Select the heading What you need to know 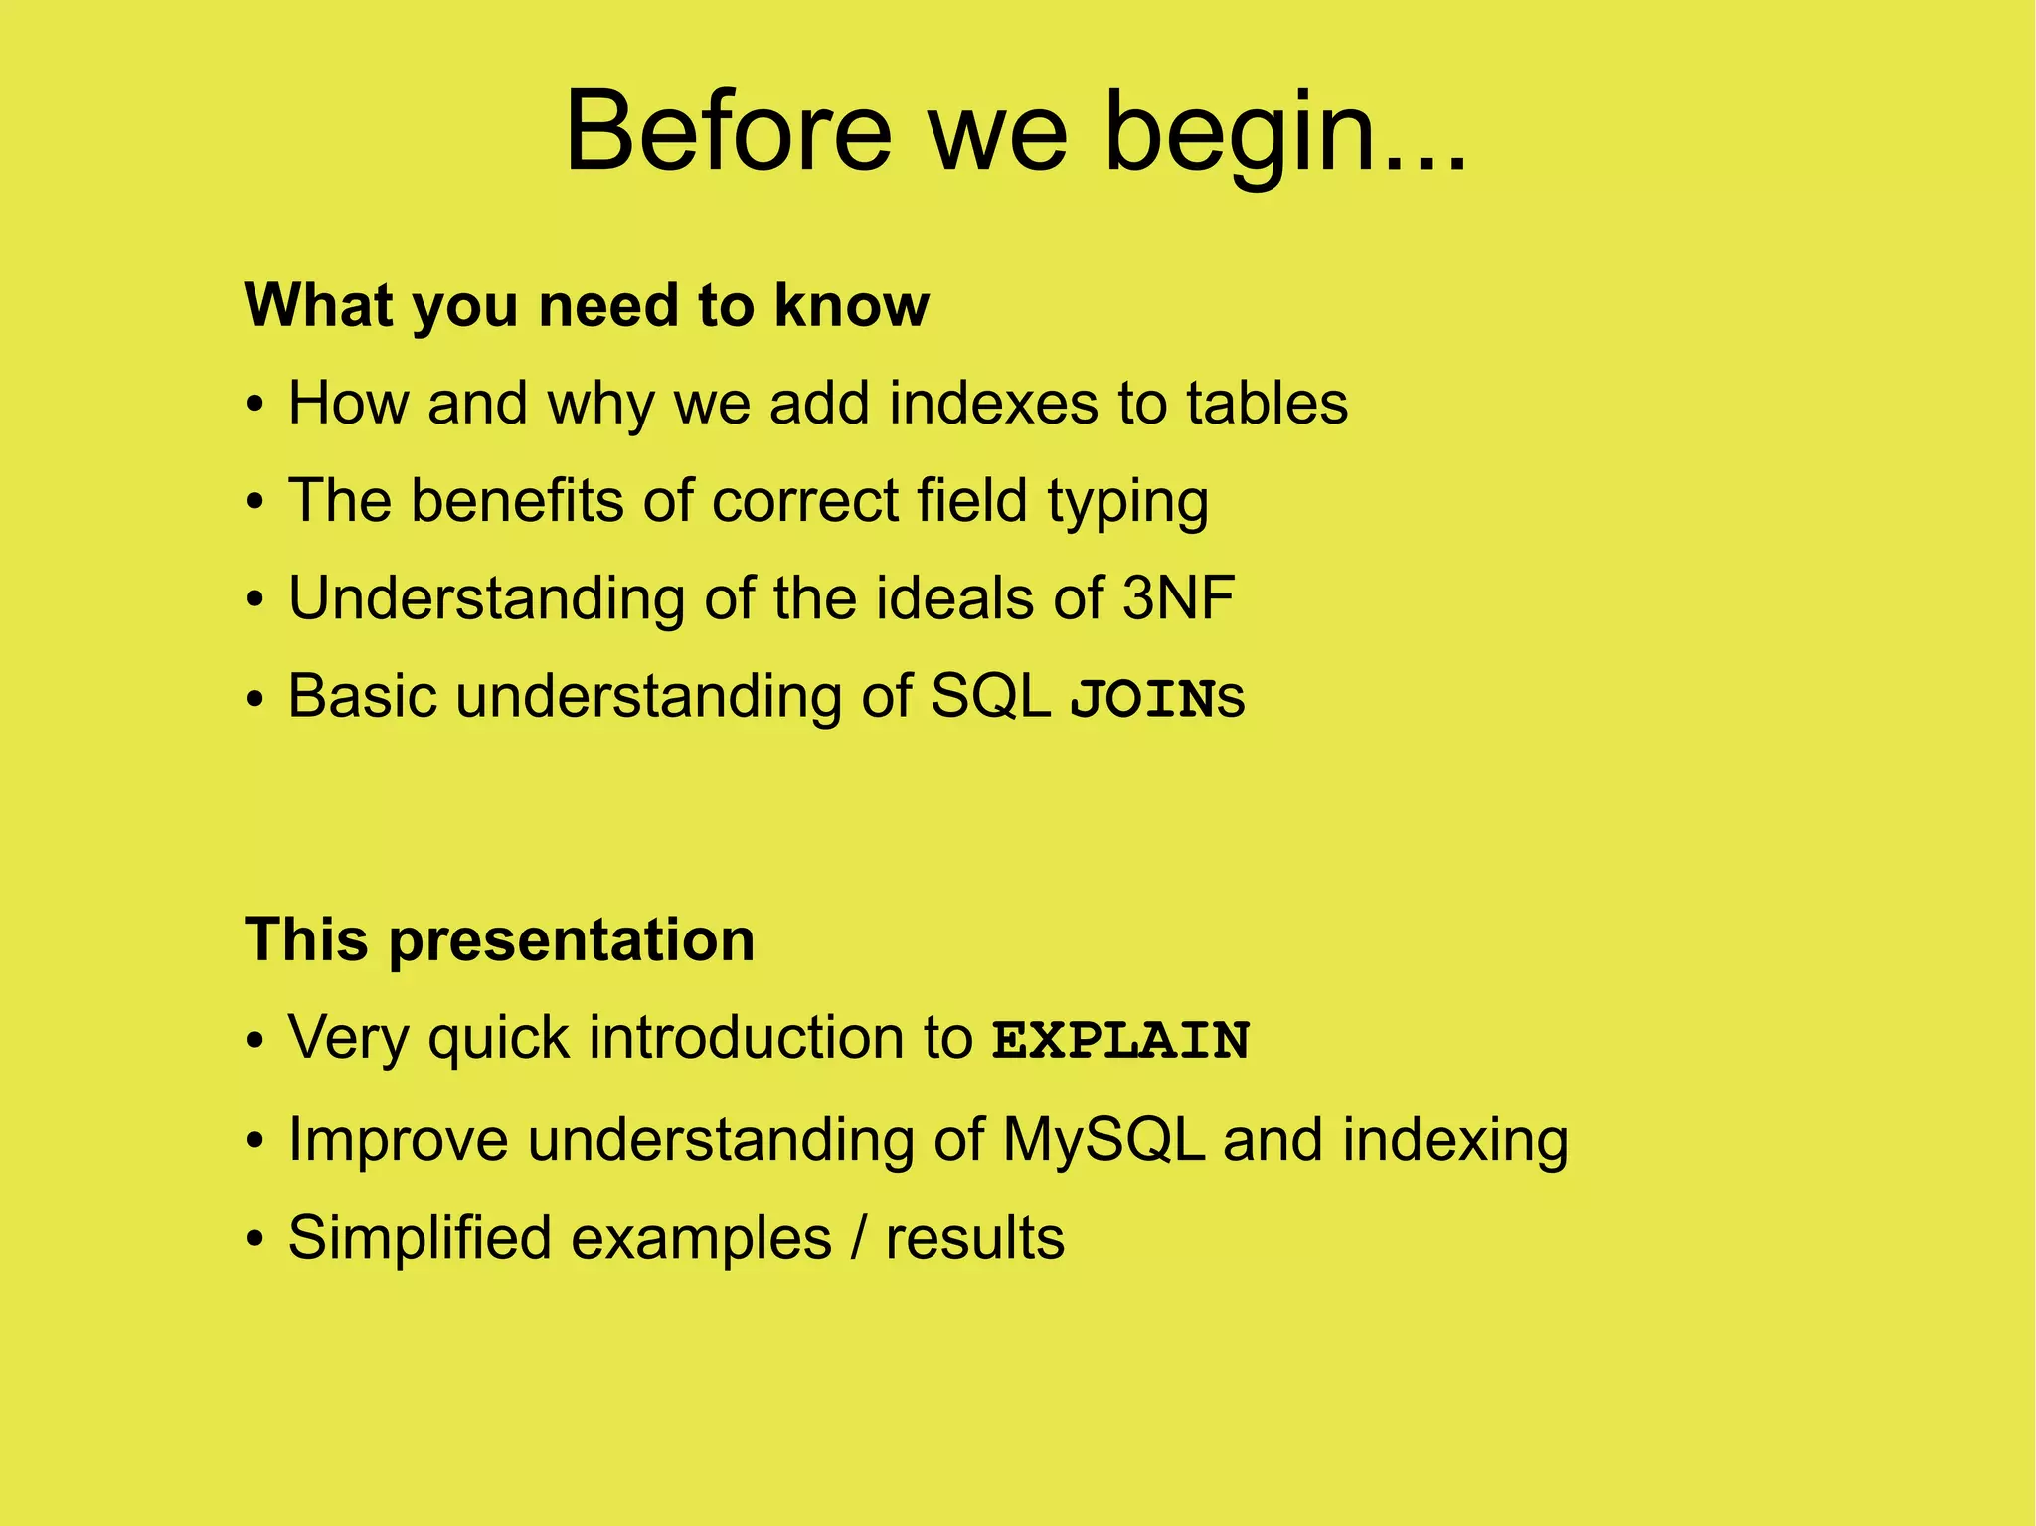[x=587, y=305]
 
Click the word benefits [x=517, y=500]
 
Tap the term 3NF [x=1178, y=597]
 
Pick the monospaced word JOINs [x=1156, y=698]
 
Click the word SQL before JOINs [x=990, y=696]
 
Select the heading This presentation [x=499, y=939]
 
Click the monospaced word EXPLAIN [x=1120, y=1040]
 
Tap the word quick [x=498, y=1040]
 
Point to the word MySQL [x=1103, y=1139]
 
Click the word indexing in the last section [x=1454, y=1139]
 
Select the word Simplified [x=420, y=1238]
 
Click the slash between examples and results [x=858, y=1238]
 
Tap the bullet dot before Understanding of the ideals [x=255, y=600]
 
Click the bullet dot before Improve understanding [x=255, y=1142]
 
